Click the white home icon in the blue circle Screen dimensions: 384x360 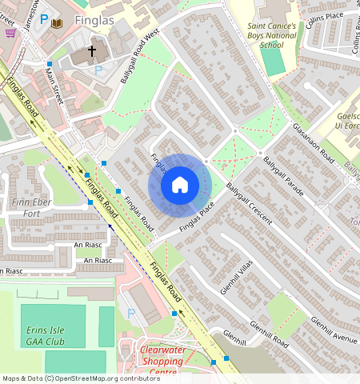180,186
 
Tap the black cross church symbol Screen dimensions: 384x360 91,51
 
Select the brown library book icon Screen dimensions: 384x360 56,24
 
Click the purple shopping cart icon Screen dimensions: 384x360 10,33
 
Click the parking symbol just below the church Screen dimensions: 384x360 98,70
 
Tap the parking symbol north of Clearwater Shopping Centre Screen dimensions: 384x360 131,313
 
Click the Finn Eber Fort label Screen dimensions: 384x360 30,208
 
